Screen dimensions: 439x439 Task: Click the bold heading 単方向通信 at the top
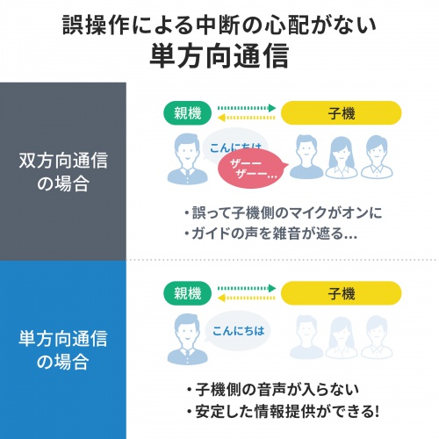pos(219,56)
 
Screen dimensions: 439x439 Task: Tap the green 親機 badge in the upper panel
pos(187,113)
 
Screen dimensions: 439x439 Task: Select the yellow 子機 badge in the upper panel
pos(342,113)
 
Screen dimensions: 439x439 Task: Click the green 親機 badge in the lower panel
pos(187,293)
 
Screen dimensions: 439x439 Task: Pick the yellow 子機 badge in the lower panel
pos(342,293)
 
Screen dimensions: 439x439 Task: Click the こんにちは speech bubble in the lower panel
pos(238,331)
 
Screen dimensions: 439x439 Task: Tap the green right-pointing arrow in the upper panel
pos(247,108)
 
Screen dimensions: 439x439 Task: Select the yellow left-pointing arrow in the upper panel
pos(247,118)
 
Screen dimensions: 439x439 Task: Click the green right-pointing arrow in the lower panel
pos(247,288)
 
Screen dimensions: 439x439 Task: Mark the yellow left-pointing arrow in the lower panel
pos(247,298)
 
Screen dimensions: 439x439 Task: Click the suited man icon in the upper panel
pos(187,159)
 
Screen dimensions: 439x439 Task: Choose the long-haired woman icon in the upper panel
pos(342,157)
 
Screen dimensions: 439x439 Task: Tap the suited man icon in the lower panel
pos(187,339)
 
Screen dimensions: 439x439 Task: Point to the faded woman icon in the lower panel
pos(342,337)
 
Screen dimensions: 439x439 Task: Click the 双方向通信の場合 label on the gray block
pos(63,172)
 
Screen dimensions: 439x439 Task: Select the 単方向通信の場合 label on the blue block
pos(63,349)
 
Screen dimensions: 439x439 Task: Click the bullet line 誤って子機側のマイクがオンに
pos(284,212)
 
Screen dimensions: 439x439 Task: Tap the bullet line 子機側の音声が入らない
pos(273,390)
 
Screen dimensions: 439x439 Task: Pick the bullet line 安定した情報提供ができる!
pos(283,411)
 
